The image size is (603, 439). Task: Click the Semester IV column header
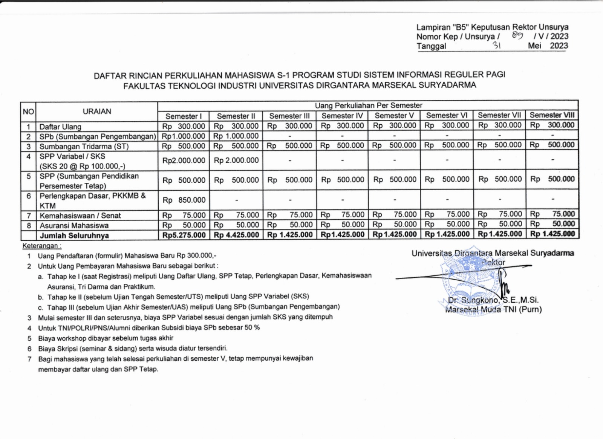pos(342,116)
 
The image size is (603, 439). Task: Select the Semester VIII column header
pos(552,115)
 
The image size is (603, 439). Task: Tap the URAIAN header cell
pos(97,112)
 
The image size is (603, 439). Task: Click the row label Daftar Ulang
pos(60,127)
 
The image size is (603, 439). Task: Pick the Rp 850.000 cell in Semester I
pos(184,200)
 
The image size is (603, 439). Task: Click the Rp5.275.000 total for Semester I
pos(184,235)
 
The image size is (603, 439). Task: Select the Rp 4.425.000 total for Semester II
pos(236,235)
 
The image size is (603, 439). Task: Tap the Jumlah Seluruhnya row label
pos(74,236)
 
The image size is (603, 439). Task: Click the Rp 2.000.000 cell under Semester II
pos(236,161)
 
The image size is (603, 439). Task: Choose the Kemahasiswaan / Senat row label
pos(80,216)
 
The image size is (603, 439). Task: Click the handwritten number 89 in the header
pos(517,36)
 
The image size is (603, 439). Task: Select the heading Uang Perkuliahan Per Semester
pos(368,106)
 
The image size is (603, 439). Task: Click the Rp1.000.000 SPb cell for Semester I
pos(184,136)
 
